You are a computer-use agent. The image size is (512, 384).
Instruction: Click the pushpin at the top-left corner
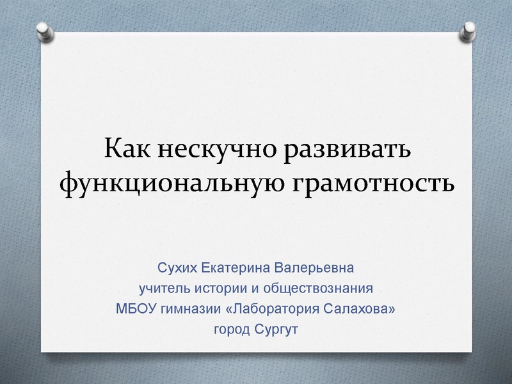click(x=44, y=29)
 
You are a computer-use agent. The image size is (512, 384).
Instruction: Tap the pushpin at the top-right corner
click(x=468, y=29)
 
